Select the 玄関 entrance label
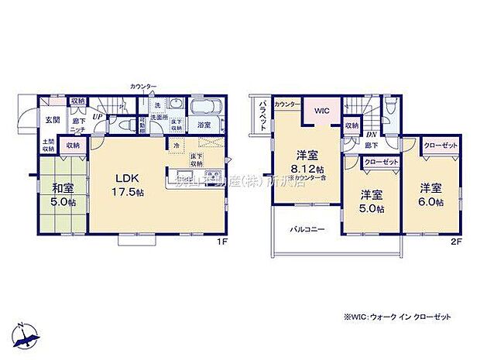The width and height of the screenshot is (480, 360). tap(51, 119)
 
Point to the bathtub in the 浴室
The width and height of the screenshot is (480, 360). tap(205, 106)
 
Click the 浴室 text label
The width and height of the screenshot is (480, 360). tap(204, 125)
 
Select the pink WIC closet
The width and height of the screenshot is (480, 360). tap(321, 111)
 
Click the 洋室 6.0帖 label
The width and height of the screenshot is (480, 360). tap(432, 194)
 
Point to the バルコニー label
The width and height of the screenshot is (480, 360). tap(307, 230)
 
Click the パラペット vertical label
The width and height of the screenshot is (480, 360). tap(262, 115)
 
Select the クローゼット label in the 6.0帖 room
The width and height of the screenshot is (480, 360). tap(441, 146)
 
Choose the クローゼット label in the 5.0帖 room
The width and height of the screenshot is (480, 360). tap(380, 163)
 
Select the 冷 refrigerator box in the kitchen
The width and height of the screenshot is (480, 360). tap(176, 145)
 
